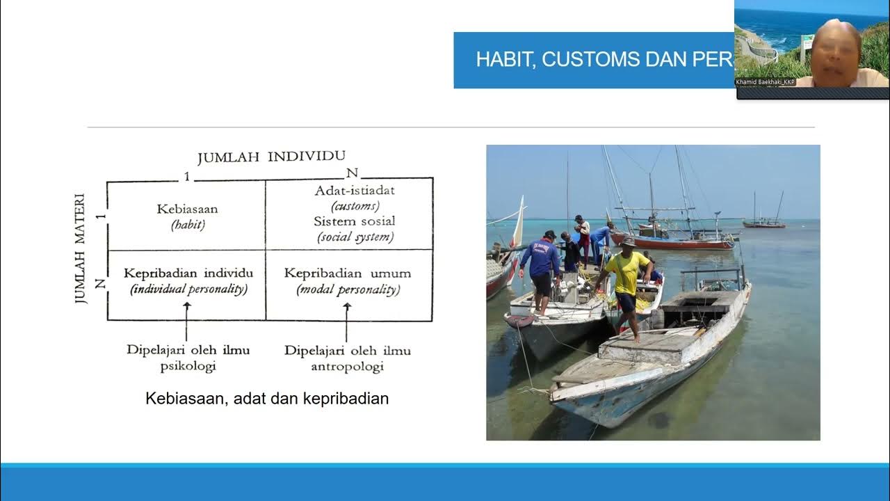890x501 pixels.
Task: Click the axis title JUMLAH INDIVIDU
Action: pyautogui.click(x=271, y=157)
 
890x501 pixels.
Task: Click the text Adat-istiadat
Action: pyautogui.click(x=355, y=191)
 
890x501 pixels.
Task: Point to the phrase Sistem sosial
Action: pyautogui.click(x=355, y=221)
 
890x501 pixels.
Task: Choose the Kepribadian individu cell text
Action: pyautogui.click(x=188, y=273)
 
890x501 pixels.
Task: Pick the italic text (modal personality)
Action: pyautogui.click(x=348, y=290)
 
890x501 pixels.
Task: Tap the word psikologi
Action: pyautogui.click(x=188, y=366)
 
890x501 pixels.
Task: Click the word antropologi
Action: pyautogui.click(x=347, y=367)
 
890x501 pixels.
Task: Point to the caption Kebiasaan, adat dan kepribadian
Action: pyautogui.click(x=267, y=399)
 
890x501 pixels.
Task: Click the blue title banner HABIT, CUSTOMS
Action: pyautogui.click(x=594, y=60)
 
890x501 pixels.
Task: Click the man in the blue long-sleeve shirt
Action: pyautogui.click(x=540, y=268)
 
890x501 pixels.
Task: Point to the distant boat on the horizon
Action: pyautogui.click(x=763, y=221)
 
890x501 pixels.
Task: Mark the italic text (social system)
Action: pyautogui.click(x=355, y=237)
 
